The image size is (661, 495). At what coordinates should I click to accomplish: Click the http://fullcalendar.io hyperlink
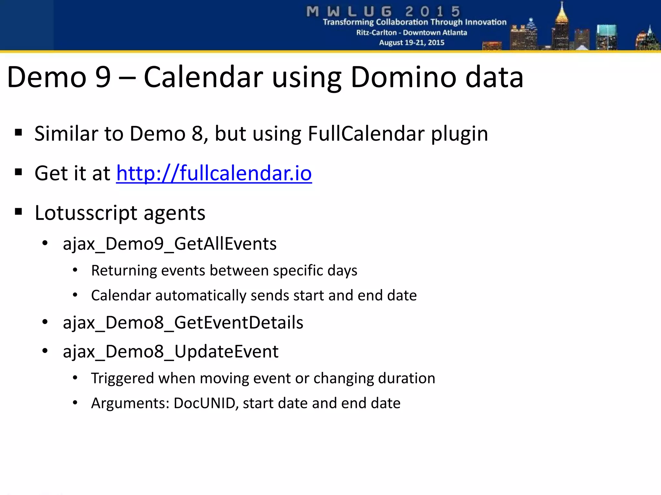click(214, 173)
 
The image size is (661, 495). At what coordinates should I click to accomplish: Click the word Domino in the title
click(403, 77)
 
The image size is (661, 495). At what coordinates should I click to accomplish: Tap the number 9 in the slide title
click(103, 77)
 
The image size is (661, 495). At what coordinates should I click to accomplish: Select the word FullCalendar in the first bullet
click(366, 134)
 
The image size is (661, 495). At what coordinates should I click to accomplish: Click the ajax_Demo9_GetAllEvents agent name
click(169, 244)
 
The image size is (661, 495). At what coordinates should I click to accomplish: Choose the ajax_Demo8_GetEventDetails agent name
click(183, 323)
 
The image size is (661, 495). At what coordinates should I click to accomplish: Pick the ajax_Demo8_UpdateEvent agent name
click(170, 351)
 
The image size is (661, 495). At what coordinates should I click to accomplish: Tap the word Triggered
click(122, 378)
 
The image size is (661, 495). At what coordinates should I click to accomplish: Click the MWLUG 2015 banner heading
click(383, 12)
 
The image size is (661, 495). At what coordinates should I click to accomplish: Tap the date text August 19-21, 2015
click(412, 43)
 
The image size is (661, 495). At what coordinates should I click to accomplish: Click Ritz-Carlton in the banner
click(376, 33)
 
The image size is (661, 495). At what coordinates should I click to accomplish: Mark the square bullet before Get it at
click(18, 172)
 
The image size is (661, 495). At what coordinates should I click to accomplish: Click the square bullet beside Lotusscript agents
click(18, 212)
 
